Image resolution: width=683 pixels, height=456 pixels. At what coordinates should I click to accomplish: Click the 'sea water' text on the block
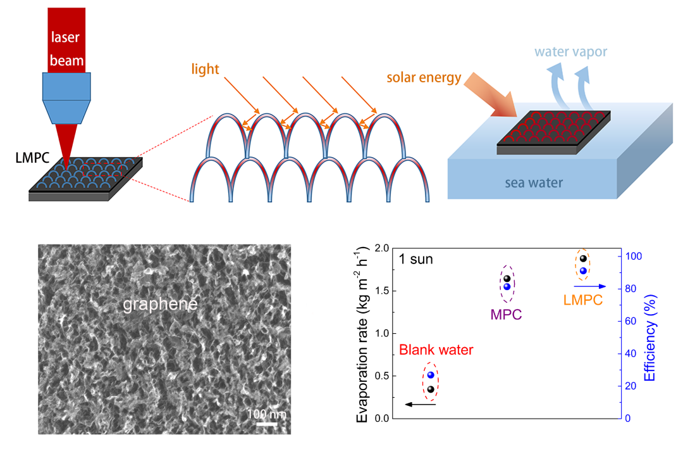[533, 184]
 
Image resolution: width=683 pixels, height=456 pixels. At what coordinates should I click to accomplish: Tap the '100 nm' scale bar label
[267, 414]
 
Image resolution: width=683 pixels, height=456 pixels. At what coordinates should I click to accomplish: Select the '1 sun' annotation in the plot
[415, 259]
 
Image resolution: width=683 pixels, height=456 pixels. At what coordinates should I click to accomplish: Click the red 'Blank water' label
[436, 350]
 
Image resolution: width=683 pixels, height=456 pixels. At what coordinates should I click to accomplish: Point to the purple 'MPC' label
[506, 314]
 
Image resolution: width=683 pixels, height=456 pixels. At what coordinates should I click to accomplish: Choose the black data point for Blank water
[431, 389]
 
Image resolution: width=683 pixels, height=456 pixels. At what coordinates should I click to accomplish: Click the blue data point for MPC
[507, 286]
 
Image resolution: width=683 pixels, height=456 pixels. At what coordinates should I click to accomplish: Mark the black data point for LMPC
[583, 258]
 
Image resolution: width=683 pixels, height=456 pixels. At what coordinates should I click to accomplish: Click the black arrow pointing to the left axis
[420, 404]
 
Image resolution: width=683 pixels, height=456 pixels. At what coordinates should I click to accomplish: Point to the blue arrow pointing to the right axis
[589, 286]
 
